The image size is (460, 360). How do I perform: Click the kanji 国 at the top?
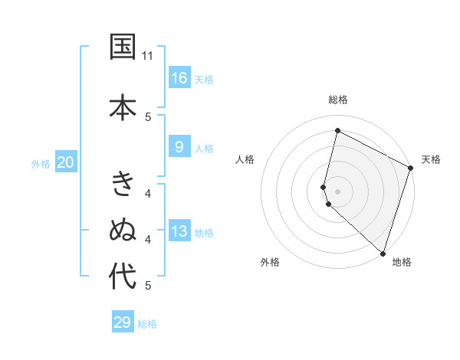[122, 47]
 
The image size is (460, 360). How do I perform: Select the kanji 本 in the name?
[122, 106]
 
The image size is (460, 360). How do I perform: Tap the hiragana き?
[122, 184]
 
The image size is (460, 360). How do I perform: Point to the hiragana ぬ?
[122, 230]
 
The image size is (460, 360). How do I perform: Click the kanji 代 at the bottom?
[122, 277]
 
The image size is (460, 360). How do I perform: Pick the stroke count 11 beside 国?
[148, 56]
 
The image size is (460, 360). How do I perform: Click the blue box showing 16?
[179, 77]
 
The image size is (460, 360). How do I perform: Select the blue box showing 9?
[179, 147]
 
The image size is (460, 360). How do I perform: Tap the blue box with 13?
[179, 231]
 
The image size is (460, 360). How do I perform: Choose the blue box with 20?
[66, 162]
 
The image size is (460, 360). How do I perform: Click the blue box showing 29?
[123, 322]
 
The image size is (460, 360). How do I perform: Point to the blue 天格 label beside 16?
[204, 79]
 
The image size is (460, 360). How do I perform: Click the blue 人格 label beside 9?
[204, 149]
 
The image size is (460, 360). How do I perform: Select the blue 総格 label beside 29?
[148, 324]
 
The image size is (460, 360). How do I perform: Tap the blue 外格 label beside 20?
[41, 163]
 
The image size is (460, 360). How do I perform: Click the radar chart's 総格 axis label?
[337, 100]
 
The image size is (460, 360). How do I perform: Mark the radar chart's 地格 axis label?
[402, 262]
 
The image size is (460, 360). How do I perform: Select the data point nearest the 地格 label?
[382, 252]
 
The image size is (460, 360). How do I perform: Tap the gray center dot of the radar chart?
[337, 191]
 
